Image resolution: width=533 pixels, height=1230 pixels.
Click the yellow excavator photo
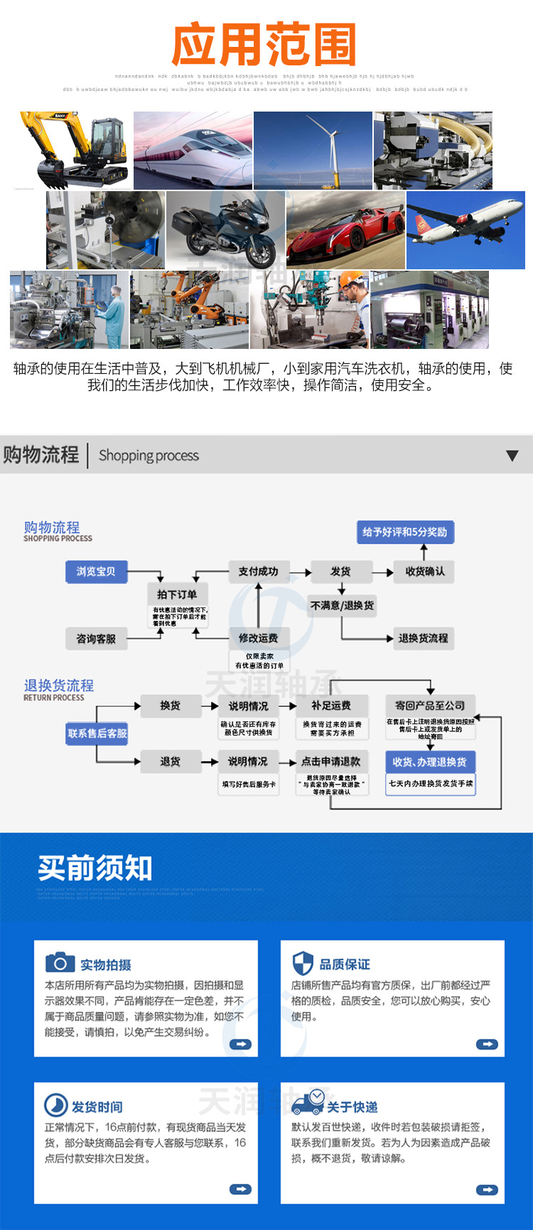point(71,150)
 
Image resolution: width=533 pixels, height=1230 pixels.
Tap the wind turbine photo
point(313,150)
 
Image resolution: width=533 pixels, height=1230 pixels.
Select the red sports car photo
point(345,230)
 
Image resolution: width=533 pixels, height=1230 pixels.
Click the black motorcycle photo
point(225,230)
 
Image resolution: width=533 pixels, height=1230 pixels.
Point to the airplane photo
point(465,230)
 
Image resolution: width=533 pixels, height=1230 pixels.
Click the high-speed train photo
point(193,150)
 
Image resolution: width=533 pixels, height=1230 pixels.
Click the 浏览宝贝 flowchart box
point(96,572)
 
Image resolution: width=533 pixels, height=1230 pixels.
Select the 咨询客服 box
point(96,639)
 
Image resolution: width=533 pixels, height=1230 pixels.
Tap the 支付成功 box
point(258,571)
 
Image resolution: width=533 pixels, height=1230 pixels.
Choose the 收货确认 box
point(425,571)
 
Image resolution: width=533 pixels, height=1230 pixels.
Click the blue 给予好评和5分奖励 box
point(404,532)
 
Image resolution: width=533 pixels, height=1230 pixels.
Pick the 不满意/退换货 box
point(342,605)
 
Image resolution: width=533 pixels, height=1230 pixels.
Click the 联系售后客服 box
point(97,733)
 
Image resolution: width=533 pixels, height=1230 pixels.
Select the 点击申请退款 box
point(331,762)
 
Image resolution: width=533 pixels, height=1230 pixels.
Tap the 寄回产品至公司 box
point(430,706)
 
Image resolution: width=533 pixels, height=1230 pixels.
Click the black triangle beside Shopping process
point(512,455)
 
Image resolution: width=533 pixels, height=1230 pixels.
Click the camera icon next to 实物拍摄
point(60,963)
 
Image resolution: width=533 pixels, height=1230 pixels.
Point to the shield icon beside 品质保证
point(303,964)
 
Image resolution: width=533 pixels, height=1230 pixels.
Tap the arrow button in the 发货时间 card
point(240,1189)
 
